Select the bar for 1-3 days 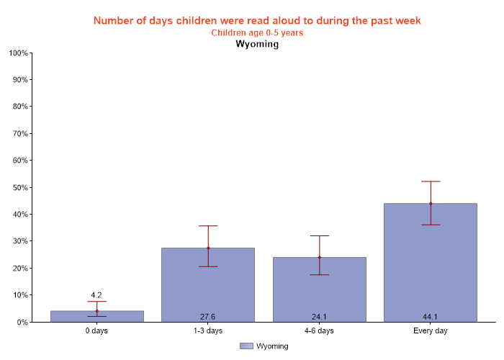coord(208,288)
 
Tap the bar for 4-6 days coord(319,292)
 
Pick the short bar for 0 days coord(97,317)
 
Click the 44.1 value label coord(431,316)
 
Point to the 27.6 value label coord(208,316)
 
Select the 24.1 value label coord(319,316)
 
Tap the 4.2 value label coord(96,294)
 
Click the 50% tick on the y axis coord(19,187)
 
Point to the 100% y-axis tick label coord(17,53)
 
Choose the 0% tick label coord(21,322)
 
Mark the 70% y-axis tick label coord(19,133)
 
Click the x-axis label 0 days coord(96,331)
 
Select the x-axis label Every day coord(431,331)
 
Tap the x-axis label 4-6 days coord(319,331)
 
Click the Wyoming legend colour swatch coord(246,346)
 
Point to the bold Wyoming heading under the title coord(257,44)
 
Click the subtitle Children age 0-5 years coord(257,32)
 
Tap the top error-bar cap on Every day coord(431,181)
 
